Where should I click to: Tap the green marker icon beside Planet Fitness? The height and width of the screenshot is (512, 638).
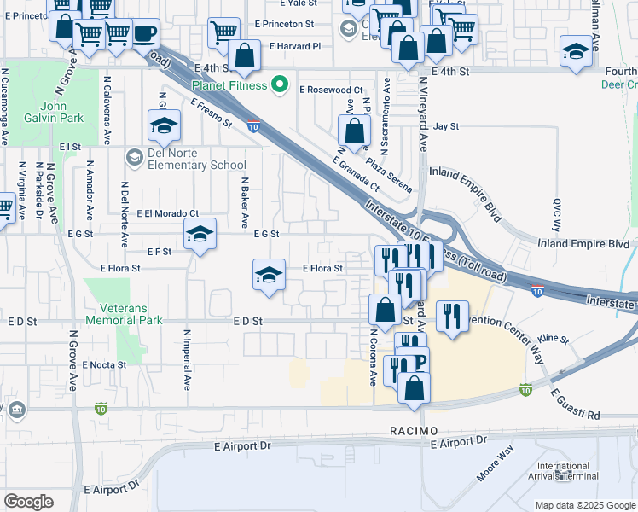pyautogui.click(x=278, y=84)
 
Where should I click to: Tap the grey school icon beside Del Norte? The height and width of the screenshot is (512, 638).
pyautogui.click(x=134, y=156)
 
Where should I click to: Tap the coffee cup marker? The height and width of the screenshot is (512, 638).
pyautogui.click(x=144, y=34)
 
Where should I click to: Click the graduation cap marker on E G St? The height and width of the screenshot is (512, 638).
pyautogui.click(x=199, y=234)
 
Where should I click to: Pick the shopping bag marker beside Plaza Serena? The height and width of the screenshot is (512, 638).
pyautogui.click(x=354, y=131)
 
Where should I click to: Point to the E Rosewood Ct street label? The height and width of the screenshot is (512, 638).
pyautogui.click(x=331, y=89)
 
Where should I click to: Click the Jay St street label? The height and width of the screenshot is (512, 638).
pyautogui.click(x=446, y=126)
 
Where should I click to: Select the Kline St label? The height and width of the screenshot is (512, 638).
pyautogui.click(x=553, y=339)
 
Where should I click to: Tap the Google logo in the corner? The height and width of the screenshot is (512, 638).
pyautogui.click(x=28, y=502)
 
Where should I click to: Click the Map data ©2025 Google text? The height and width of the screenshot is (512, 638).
pyautogui.click(x=584, y=505)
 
